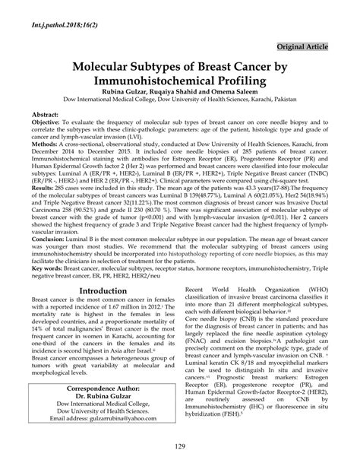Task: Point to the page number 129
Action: [180, 453]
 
